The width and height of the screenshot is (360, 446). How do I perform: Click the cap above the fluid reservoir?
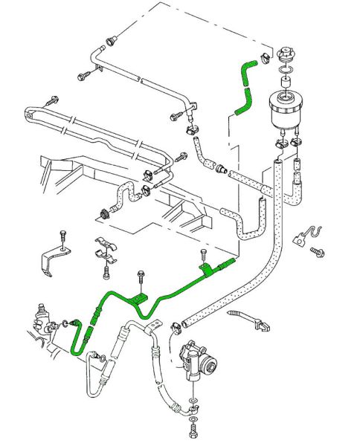(286, 56)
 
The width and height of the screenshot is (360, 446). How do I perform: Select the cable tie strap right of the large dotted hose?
(245, 318)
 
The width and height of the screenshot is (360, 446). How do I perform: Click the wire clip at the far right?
(303, 234)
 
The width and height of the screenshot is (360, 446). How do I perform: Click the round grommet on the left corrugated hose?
(104, 215)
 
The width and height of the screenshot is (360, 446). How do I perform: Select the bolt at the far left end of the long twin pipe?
(53, 99)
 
